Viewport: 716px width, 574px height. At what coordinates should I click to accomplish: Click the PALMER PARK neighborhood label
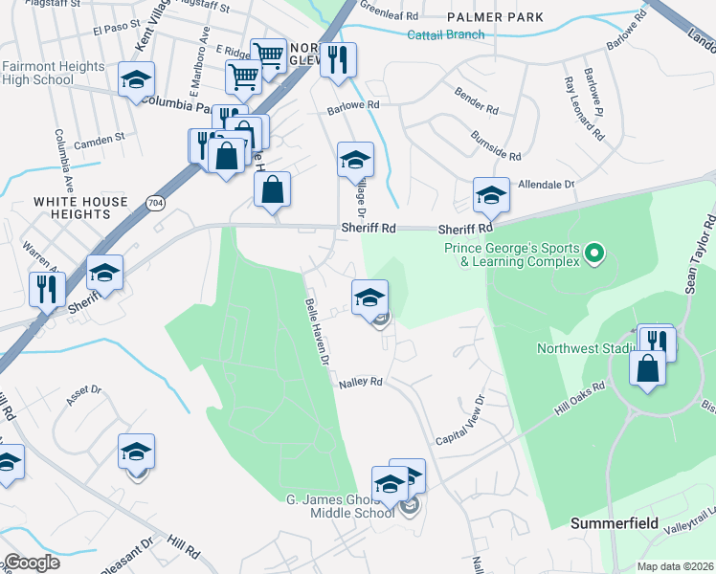[500, 17]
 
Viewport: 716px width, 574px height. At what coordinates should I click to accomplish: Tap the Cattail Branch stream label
[445, 35]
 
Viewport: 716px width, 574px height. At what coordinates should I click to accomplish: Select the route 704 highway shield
[154, 202]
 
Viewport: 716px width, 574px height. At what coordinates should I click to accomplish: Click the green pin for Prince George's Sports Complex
[594, 254]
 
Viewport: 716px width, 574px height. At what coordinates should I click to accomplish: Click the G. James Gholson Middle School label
[340, 506]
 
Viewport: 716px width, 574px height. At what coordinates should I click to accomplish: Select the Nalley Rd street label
[361, 382]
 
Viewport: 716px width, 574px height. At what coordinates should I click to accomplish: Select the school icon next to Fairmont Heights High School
[137, 79]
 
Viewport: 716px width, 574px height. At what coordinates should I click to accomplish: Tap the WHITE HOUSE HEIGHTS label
[80, 209]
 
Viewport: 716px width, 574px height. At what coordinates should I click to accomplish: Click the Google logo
[32, 563]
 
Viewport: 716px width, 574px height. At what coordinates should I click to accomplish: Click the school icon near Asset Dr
[137, 452]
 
